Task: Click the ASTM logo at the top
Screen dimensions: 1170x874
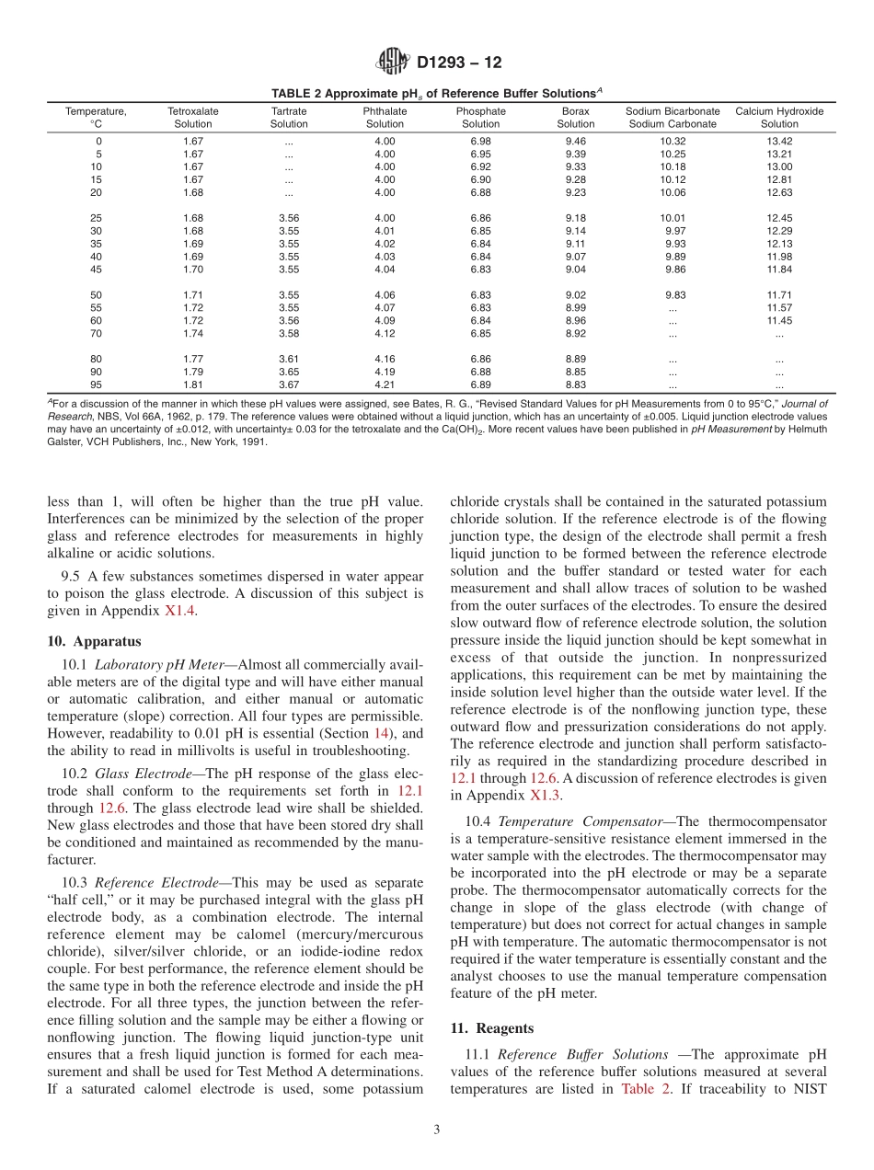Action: point(393,63)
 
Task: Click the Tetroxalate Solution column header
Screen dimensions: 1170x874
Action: point(193,118)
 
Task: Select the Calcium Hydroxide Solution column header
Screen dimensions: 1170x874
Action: point(778,118)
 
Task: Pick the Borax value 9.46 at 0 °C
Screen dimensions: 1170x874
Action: point(575,141)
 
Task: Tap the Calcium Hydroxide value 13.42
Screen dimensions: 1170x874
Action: point(778,141)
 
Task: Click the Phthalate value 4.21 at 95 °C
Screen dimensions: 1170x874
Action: point(385,384)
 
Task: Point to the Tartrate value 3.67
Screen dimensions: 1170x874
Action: point(289,384)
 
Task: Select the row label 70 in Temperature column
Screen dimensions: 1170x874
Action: point(96,334)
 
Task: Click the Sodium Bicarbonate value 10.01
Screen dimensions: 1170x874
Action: point(673,218)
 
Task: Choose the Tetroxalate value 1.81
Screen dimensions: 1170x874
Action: point(193,384)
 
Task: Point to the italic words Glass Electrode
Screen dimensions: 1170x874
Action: point(139,773)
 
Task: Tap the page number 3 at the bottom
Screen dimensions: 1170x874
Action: point(437,1130)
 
